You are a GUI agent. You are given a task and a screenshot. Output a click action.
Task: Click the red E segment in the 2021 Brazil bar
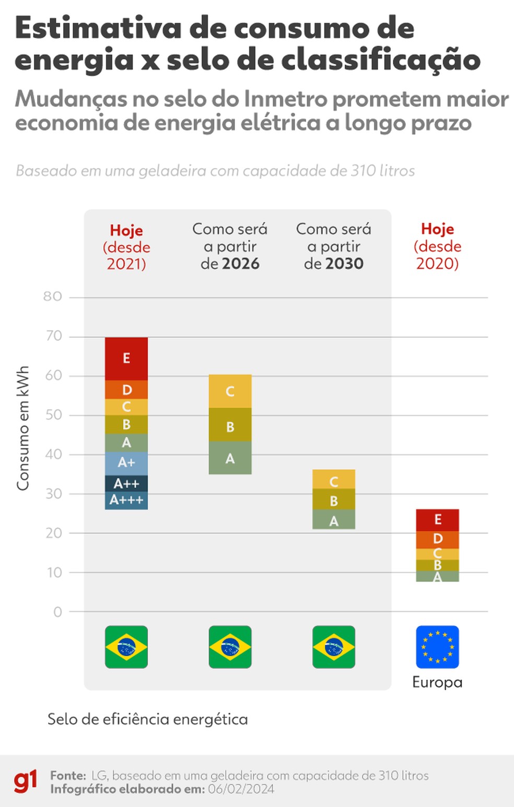pyautogui.click(x=126, y=359)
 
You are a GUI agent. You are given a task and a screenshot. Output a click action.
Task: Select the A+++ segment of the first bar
pyautogui.click(x=126, y=501)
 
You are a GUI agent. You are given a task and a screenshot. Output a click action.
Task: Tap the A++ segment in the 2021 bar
pyautogui.click(x=126, y=483)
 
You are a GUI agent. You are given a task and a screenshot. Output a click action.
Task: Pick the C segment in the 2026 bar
pyautogui.click(x=230, y=391)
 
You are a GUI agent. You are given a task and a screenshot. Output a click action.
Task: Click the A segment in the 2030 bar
pyautogui.click(x=334, y=520)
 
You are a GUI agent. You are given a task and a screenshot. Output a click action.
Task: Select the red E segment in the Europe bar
pyautogui.click(x=438, y=520)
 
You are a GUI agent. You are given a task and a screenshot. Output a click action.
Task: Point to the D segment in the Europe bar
pyautogui.click(x=438, y=539)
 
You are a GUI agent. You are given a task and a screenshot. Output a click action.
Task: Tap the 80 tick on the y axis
pyautogui.click(x=53, y=296)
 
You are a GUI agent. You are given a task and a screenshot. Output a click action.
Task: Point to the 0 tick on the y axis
pyautogui.click(x=57, y=612)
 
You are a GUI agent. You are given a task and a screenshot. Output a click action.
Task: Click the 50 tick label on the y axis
pyautogui.click(x=53, y=415)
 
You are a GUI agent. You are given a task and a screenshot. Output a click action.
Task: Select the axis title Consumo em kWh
pyautogui.click(x=23, y=428)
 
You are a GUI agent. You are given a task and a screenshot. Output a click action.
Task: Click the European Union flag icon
pyautogui.click(x=438, y=647)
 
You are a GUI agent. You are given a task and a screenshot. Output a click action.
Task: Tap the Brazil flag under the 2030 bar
pyautogui.click(x=334, y=647)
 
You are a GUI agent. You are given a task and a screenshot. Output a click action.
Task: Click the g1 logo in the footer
pyautogui.click(x=26, y=781)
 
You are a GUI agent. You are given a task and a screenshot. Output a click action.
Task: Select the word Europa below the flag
pyautogui.click(x=437, y=682)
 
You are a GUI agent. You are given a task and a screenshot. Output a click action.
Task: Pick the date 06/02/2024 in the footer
pyautogui.click(x=241, y=789)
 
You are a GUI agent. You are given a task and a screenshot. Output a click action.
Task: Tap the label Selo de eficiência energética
pyautogui.click(x=147, y=719)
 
